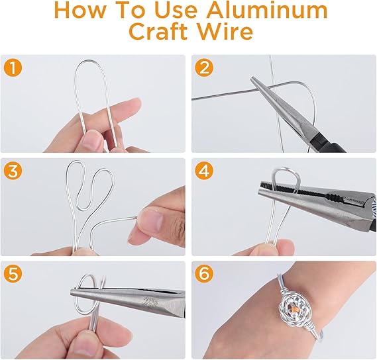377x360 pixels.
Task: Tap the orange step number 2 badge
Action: click(x=203, y=67)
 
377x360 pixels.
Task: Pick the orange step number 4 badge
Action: click(x=203, y=170)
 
